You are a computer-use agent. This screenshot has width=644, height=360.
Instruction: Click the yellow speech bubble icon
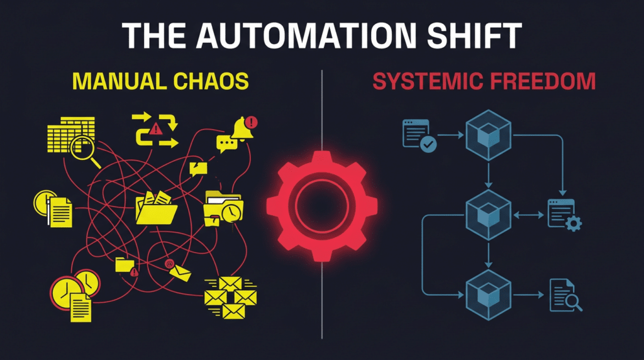[x=226, y=144]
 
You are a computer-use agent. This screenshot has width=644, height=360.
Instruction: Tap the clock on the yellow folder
[x=231, y=212]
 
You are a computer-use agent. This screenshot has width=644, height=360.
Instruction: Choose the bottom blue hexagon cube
[x=487, y=293]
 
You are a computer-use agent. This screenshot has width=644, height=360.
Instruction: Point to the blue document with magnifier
[x=565, y=295]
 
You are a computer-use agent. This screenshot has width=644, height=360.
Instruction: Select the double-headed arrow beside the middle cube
[x=527, y=214]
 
